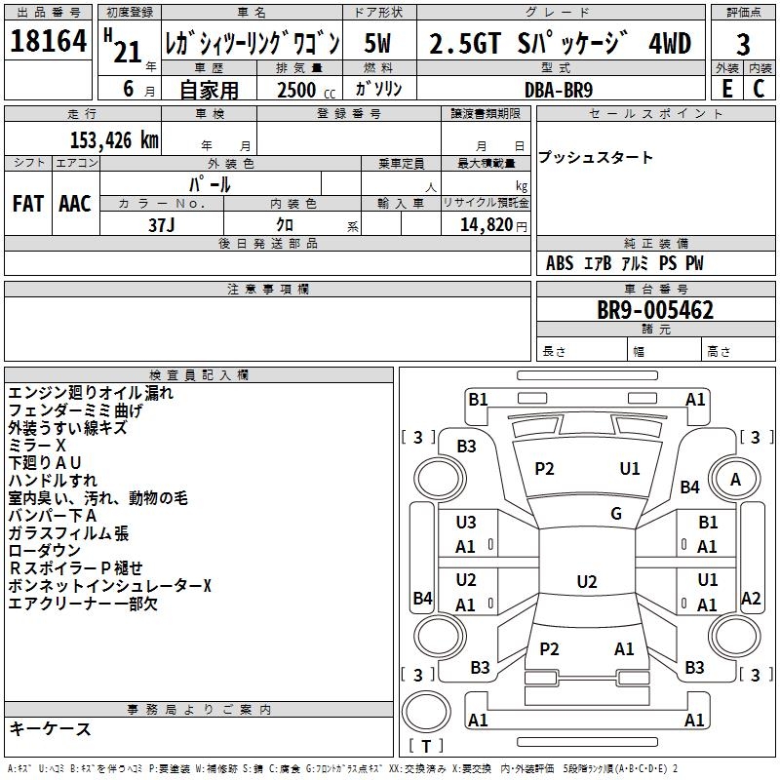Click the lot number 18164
[x=48, y=43]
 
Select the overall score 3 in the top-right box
[x=743, y=44]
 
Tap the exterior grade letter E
[x=726, y=88]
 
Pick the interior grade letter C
[x=760, y=88]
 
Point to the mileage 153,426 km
[x=114, y=138]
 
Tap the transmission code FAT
[x=27, y=204]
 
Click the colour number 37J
[x=161, y=224]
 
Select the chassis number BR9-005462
[x=655, y=310]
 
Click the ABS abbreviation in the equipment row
[x=560, y=263]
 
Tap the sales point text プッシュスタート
[x=595, y=158]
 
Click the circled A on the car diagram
[x=735, y=479]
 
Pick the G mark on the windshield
[x=616, y=514]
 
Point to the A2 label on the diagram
[x=751, y=599]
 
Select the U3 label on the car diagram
[x=466, y=523]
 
